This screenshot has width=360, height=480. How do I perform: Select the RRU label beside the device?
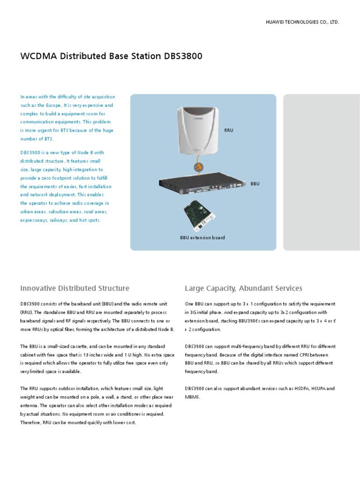229,130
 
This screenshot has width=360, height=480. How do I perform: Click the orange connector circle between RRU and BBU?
198,167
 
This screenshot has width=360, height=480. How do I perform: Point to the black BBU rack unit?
202,185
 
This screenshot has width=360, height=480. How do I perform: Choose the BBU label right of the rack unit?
255,184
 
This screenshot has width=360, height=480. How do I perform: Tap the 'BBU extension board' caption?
202,238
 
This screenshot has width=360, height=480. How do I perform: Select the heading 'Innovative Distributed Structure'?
75,288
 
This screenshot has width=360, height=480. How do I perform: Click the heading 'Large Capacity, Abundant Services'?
243,288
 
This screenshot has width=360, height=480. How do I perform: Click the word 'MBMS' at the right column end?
192,397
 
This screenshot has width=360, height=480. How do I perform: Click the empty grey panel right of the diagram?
322,172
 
